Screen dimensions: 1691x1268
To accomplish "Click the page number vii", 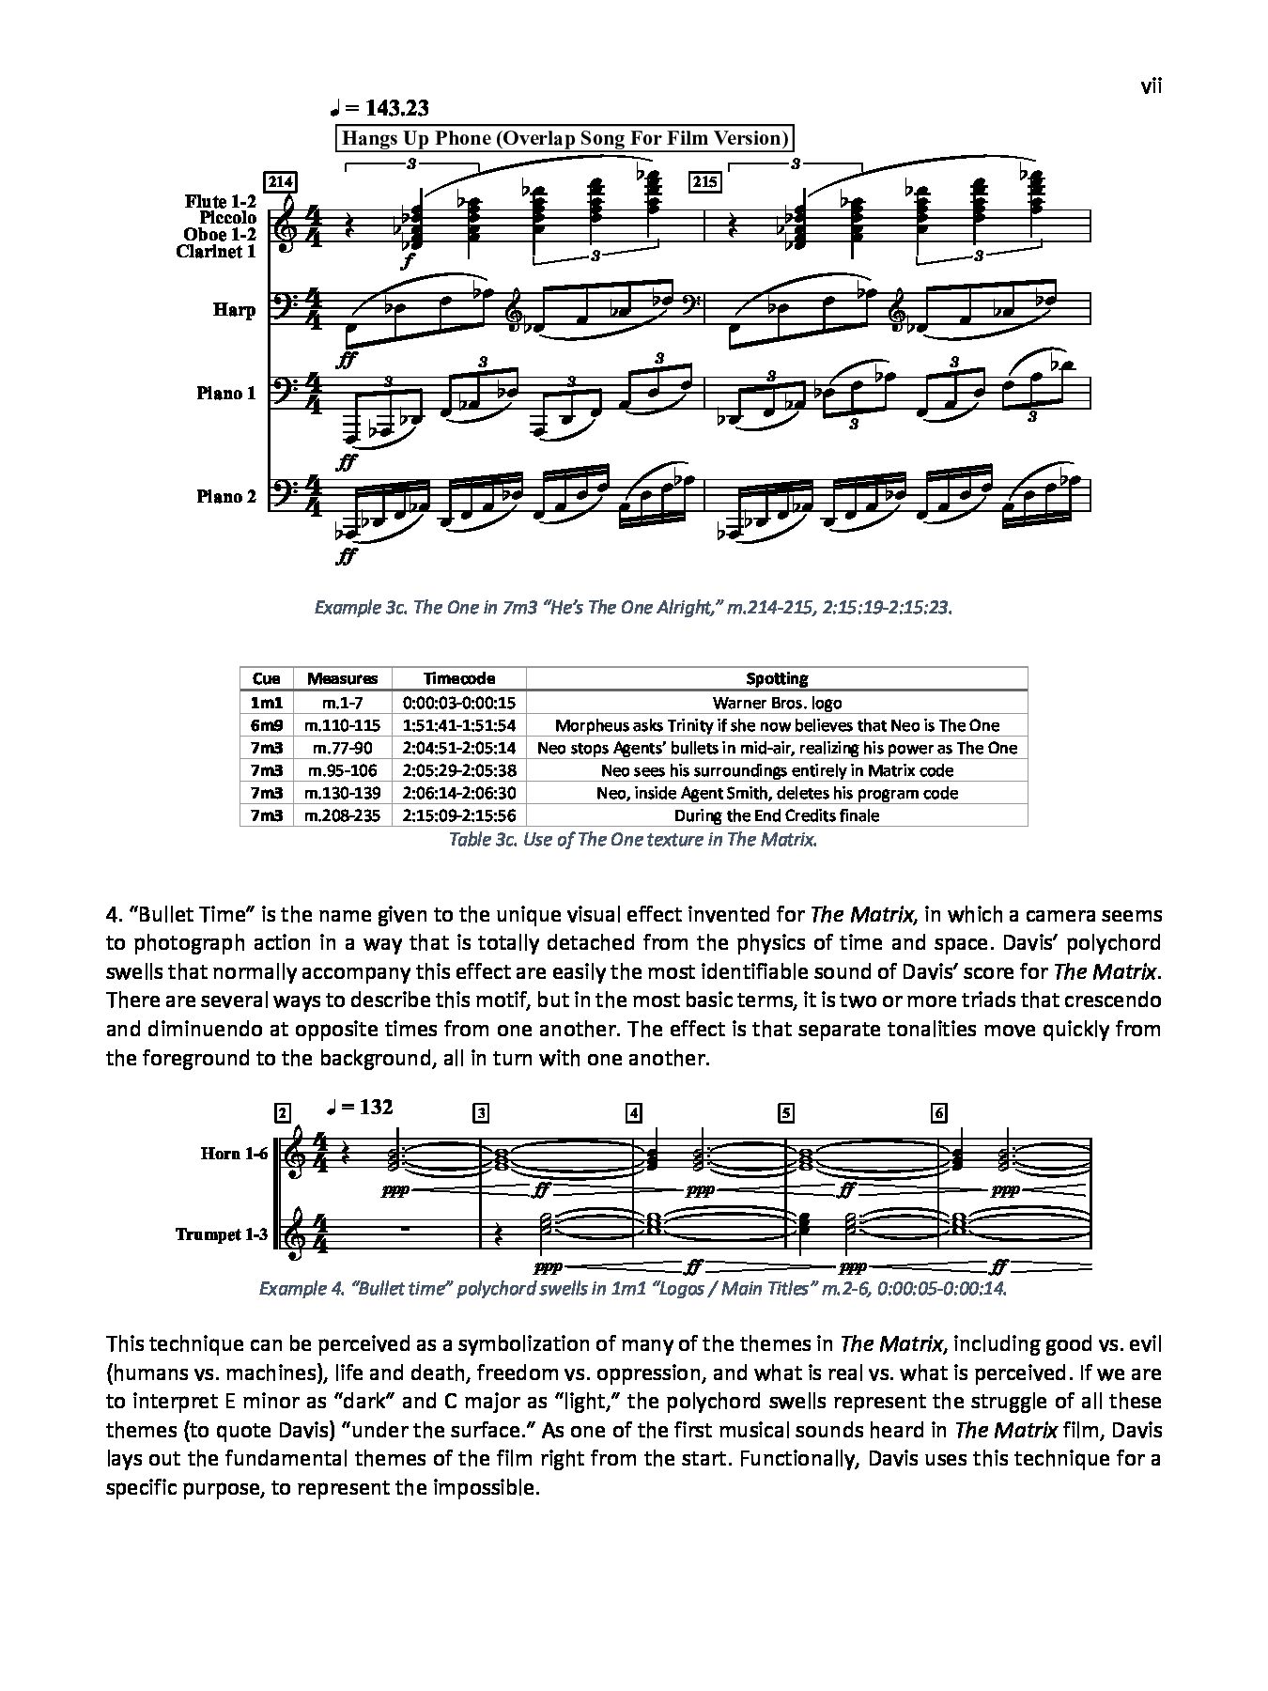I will tap(1152, 86).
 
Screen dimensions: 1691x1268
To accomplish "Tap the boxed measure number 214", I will tap(280, 181).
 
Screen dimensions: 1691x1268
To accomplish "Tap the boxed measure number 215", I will tap(704, 181).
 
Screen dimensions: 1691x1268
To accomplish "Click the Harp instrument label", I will tap(234, 310).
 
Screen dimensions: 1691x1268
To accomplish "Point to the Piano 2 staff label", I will tap(225, 496).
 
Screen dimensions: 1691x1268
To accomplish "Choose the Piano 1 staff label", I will tap(225, 393).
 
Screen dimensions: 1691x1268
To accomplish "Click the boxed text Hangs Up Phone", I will tap(564, 139).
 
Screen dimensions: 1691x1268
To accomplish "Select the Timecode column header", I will tap(459, 678).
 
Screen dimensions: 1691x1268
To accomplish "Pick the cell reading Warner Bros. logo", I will tap(777, 702).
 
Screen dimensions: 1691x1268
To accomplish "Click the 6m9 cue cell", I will tap(267, 724).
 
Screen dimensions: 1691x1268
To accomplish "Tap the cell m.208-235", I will tap(343, 815).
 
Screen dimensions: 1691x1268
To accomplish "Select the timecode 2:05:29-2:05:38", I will tap(459, 770).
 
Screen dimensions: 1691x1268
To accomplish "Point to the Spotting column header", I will tap(777, 678).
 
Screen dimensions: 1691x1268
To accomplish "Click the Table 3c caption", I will tap(633, 840).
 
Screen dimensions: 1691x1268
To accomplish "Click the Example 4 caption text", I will tap(633, 1288).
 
